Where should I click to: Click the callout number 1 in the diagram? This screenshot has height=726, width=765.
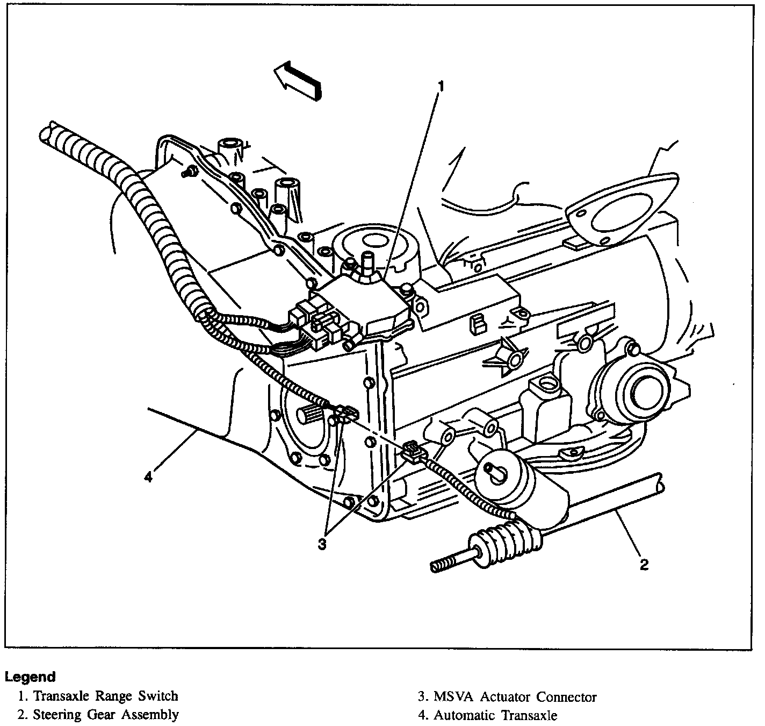pos(441,86)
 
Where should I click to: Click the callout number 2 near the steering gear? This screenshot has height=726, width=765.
pos(644,564)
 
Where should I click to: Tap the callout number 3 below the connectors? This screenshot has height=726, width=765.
pos(322,544)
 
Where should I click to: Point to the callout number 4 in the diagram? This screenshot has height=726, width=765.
pos(149,476)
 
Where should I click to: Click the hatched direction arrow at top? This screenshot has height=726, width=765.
pos(298,80)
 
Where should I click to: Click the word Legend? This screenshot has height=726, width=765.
pos(30,677)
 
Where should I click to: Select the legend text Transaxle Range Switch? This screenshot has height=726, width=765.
pos(105,696)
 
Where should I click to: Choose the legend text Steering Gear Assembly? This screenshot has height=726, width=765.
pos(106,715)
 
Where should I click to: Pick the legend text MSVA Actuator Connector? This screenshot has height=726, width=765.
pos(515,697)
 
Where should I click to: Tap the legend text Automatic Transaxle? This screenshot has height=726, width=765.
pos(495,715)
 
